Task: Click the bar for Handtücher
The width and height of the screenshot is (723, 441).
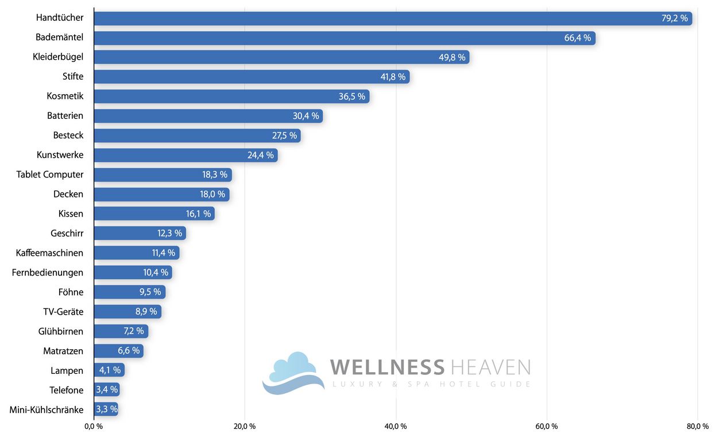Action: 373,18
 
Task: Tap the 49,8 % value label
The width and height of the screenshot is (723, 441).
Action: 452,57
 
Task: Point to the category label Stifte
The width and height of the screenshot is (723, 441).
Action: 73,76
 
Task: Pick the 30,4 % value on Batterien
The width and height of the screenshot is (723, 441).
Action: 306,116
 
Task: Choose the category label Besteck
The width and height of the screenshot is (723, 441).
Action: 68,136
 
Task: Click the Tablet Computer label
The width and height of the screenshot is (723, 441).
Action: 50,175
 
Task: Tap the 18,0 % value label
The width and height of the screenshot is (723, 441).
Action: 212,194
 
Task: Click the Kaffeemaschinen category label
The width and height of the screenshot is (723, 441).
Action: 49,253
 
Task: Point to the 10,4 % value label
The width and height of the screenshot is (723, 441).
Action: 156,273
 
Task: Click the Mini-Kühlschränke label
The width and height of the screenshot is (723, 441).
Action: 47,410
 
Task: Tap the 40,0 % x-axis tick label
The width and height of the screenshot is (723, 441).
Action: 396,427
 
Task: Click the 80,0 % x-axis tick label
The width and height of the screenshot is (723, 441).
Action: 698,427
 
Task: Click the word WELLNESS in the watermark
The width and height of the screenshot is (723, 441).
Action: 388,367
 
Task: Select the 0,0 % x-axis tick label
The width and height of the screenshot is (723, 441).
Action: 94,427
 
